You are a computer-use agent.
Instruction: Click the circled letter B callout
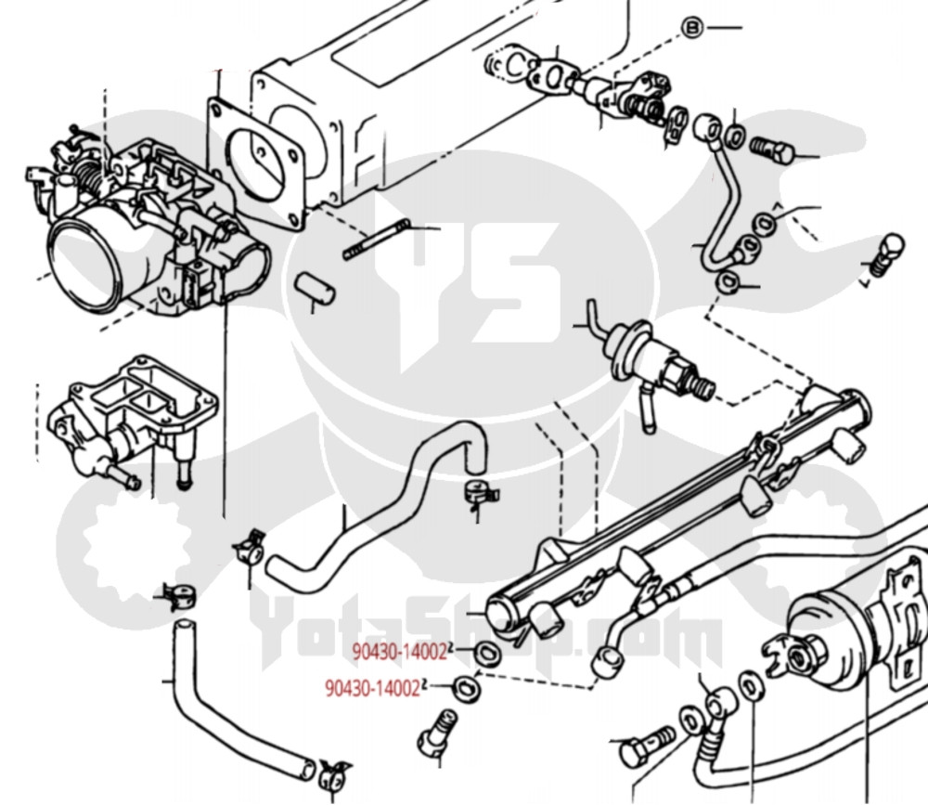pyautogui.click(x=691, y=28)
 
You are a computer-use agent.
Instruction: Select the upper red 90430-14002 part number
pyautogui.click(x=400, y=652)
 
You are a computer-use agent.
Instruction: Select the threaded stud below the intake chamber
pyautogui.click(x=376, y=240)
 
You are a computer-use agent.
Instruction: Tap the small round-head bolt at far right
pyautogui.click(x=888, y=250)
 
